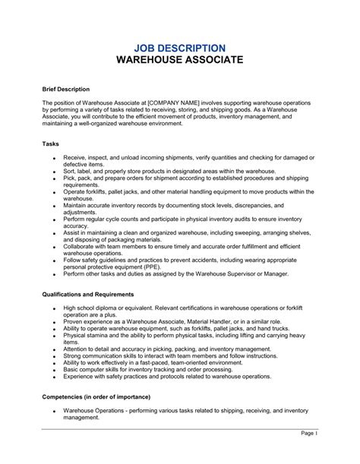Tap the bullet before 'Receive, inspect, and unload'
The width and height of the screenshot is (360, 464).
point(55,159)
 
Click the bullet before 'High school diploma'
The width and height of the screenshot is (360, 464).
point(55,308)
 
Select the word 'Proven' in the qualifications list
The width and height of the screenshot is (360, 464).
point(74,321)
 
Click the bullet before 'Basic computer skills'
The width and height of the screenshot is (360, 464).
point(55,369)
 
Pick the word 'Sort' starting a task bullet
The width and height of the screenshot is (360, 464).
point(70,172)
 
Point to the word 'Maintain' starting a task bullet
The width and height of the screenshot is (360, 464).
point(77,206)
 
